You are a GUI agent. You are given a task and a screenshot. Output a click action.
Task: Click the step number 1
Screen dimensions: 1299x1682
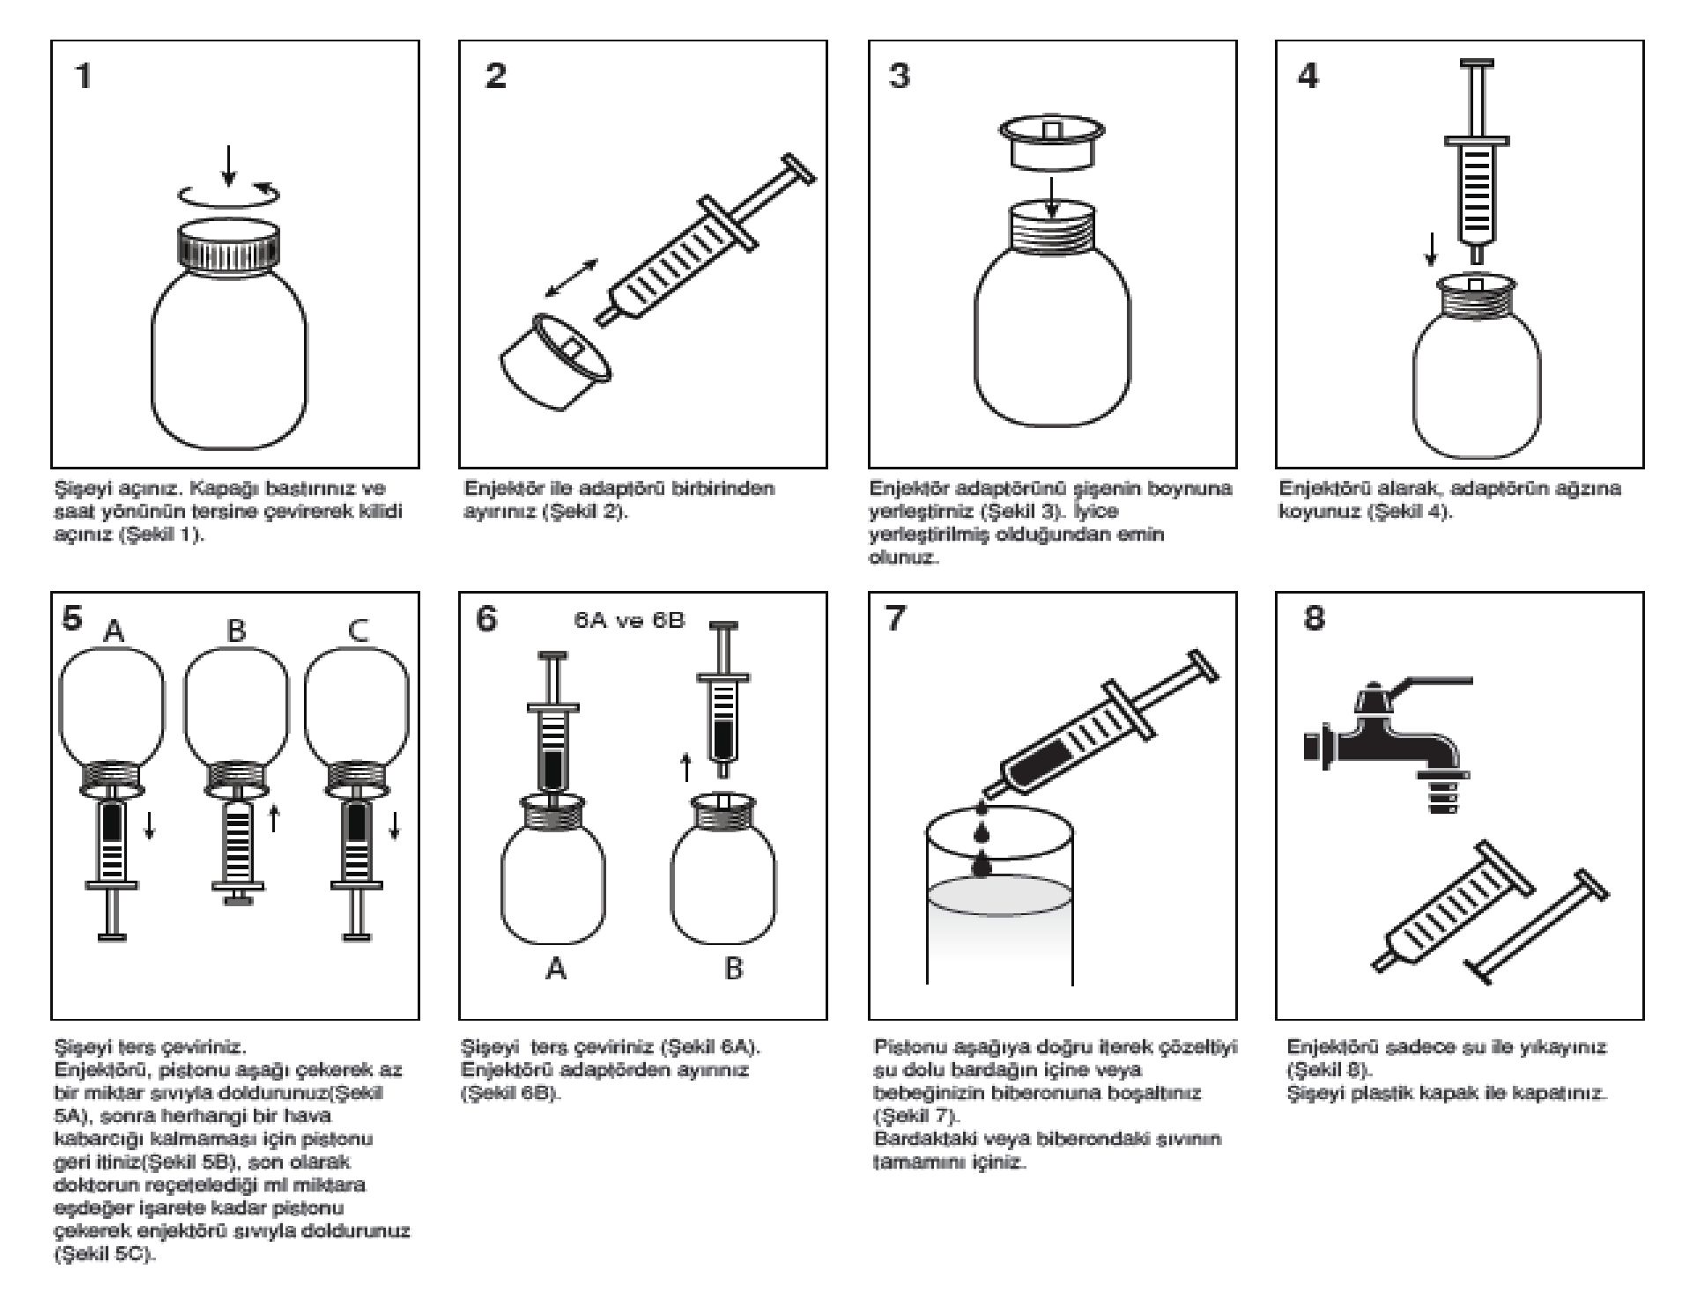[x=84, y=76]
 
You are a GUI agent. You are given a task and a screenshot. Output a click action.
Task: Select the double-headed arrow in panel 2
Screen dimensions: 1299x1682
[x=571, y=278]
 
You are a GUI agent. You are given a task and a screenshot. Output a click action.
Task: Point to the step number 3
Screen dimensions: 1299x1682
[x=899, y=76]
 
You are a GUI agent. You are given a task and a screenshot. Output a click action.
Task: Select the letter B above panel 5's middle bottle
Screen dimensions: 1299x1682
[x=236, y=631]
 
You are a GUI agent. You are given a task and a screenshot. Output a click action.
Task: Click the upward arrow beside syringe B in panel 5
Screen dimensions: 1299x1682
[x=273, y=818]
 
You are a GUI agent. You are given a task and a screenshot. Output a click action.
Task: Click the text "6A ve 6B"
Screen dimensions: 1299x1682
[x=629, y=620]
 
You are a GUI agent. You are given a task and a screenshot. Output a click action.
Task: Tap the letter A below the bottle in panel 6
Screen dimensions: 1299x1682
[x=556, y=969]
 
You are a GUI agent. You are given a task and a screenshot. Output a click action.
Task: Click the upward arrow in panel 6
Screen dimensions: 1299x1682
[x=686, y=767]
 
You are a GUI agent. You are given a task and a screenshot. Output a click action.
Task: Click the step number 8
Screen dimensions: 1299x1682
[x=1314, y=619]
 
